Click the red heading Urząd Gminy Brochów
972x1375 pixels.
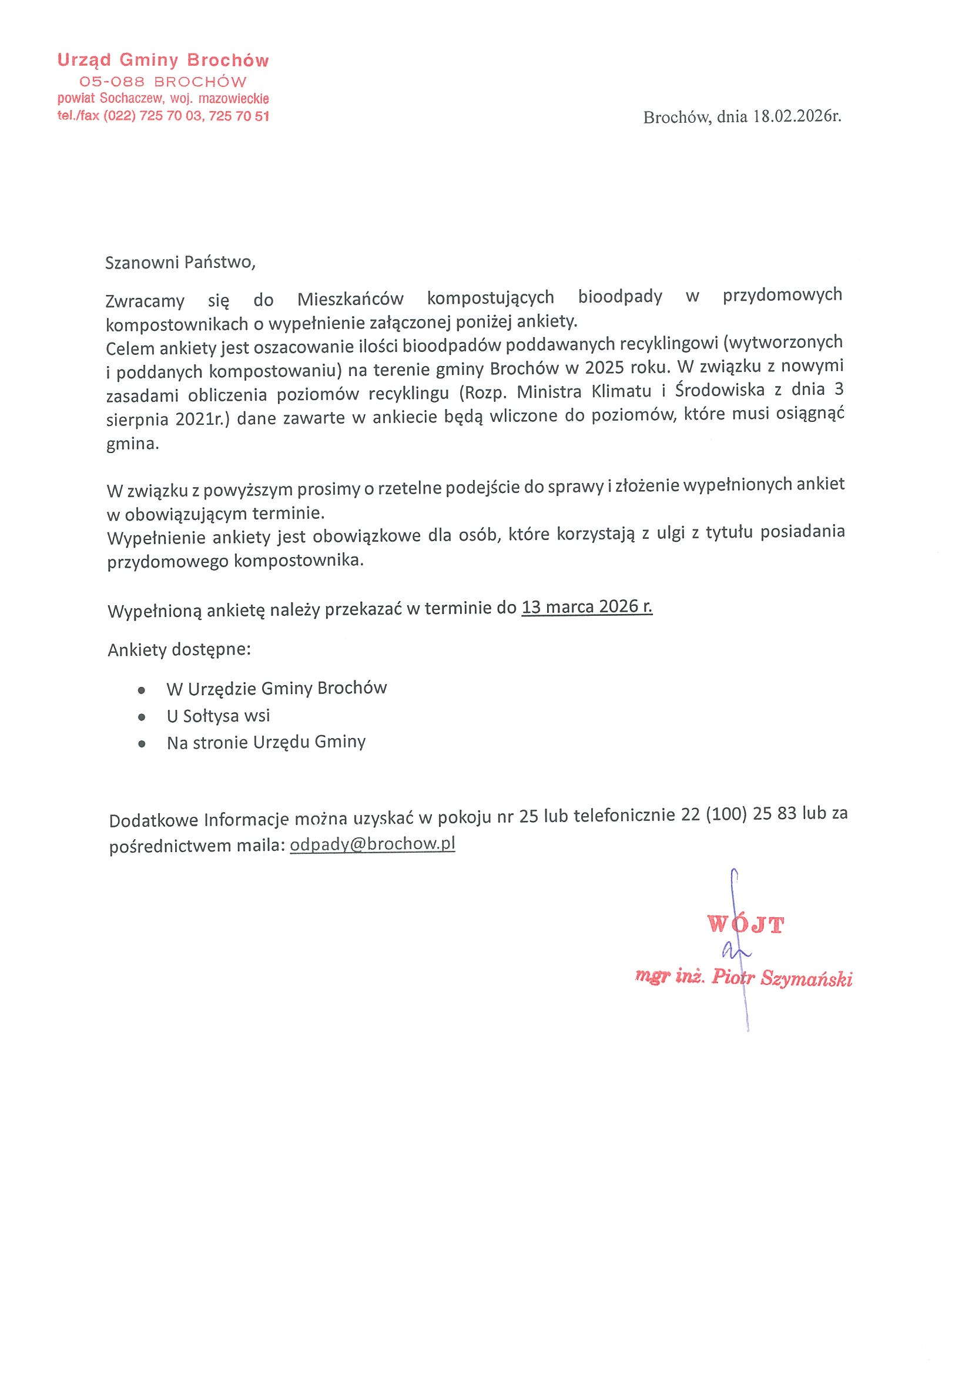163,61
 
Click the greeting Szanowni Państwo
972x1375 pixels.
180,263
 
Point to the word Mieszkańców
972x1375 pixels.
350,299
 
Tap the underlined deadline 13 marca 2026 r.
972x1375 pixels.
587,607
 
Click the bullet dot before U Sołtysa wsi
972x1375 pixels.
142,717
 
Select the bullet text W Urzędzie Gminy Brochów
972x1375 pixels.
277,689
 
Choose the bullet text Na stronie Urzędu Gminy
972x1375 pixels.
266,743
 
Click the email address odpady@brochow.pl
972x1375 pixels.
372,844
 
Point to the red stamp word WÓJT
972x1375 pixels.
745,925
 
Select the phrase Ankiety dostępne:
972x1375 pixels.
179,649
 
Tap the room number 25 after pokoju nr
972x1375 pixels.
528,816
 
